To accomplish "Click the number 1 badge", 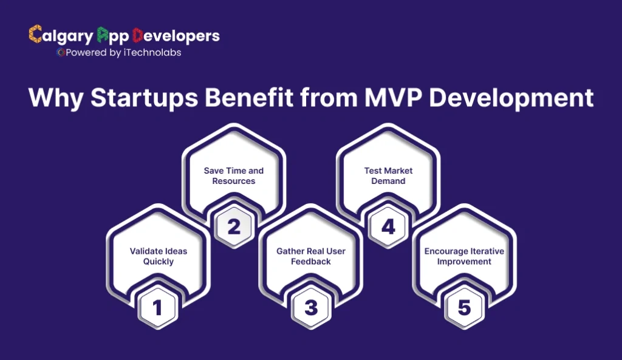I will (157, 308).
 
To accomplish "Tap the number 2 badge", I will (234, 227).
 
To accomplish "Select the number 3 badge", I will (311, 308).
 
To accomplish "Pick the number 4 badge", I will (388, 227).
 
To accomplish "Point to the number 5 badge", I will (465, 308).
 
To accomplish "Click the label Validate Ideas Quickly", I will (158, 256).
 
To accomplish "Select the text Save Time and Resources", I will (234, 176).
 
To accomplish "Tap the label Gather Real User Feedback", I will (311, 256).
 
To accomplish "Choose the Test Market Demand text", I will (389, 176).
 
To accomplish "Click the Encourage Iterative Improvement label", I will (465, 256).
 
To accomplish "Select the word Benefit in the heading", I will (244, 98).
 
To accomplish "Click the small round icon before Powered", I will (60, 53).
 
